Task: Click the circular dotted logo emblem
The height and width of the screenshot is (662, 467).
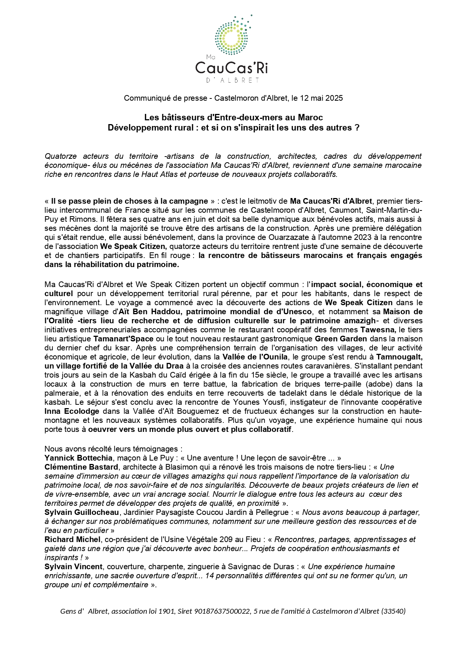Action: coord(231,36)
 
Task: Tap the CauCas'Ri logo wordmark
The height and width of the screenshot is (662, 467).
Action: coord(231,68)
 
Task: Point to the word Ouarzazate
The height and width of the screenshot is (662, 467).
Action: coord(279,237)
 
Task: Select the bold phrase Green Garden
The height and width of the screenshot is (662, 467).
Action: coord(341,339)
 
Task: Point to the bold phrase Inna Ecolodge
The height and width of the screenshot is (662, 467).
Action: coord(72,411)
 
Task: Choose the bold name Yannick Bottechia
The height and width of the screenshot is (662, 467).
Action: coord(78,458)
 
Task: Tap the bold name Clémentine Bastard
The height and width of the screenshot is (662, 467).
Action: coord(81,467)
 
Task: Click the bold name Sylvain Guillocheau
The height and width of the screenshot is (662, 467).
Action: coord(82,512)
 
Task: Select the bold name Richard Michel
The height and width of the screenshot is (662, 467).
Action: coord(72,539)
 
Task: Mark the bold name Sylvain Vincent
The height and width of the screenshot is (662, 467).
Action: coord(73,567)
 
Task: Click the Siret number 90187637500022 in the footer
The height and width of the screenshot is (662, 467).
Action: coord(222,611)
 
